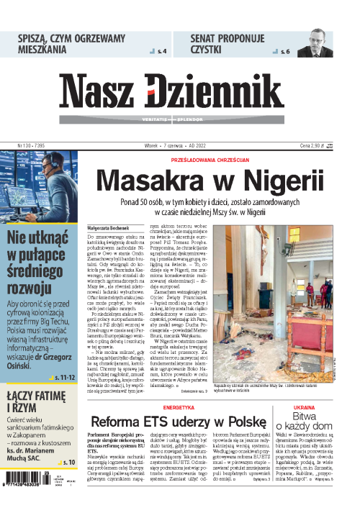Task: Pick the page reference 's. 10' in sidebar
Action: click(x=68, y=462)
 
